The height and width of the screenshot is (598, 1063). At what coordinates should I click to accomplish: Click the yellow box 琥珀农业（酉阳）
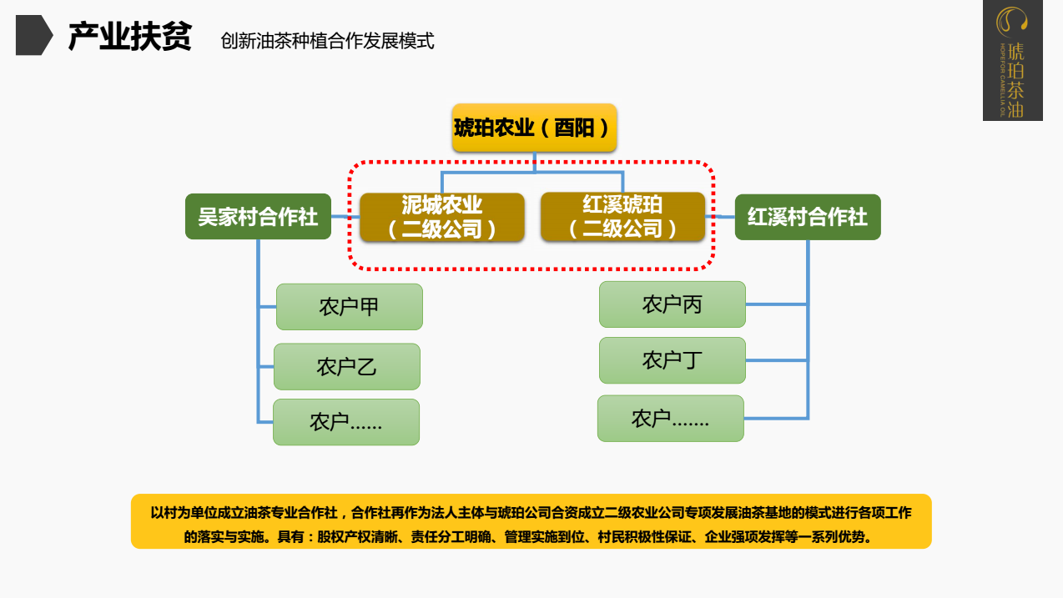pyautogui.click(x=534, y=128)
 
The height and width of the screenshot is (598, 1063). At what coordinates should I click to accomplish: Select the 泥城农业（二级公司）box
pyautogui.click(x=441, y=218)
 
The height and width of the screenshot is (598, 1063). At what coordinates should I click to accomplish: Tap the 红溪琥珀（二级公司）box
pyautogui.click(x=622, y=217)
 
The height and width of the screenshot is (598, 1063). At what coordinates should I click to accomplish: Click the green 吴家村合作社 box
pyautogui.click(x=258, y=217)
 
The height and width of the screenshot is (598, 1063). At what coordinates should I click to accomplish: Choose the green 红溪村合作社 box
pyautogui.click(x=807, y=217)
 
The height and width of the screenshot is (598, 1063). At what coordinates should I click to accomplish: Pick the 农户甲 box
pyautogui.click(x=349, y=307)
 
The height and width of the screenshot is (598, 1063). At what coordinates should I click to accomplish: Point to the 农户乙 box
pyautogui.click(x=346, y=367)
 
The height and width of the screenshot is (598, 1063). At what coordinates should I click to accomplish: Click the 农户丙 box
pyautogui.click(x=672, y=304)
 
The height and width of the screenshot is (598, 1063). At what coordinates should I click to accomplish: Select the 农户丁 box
pyautogui.click(x=672, y=360)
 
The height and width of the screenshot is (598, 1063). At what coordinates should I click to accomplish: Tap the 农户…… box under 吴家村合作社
pyautogui.click(x=345, y=422)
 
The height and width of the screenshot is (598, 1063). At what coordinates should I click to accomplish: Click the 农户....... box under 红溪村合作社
pyautogui.click(x=670, y=419)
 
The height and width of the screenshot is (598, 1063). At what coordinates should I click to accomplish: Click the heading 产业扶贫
pyautogui.click(x=129, y=37)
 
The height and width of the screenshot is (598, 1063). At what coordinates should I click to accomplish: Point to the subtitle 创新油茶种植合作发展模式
pyautogui.click(x=327, y=41)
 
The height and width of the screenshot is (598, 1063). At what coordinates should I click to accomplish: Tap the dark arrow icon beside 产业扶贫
pyautogui.click(x=33, y=36)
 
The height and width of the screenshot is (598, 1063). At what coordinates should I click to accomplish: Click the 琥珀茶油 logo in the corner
pyautogui.click(x=1012, y=60)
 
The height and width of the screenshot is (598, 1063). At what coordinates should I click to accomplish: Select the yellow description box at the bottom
pyautogui.click(x=531, y=521)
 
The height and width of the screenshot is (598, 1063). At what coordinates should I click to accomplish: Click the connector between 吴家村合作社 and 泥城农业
pyautogui.click(x=345, y=217)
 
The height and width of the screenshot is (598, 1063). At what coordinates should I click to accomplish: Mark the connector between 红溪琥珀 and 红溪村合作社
pyautogui.click(x=720, y=217)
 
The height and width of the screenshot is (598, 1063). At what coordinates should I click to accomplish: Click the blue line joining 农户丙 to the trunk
pyautogui.click(x=776, y=304)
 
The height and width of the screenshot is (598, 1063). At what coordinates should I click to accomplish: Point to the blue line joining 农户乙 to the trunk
pyautogui.click(x=266, y=367)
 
